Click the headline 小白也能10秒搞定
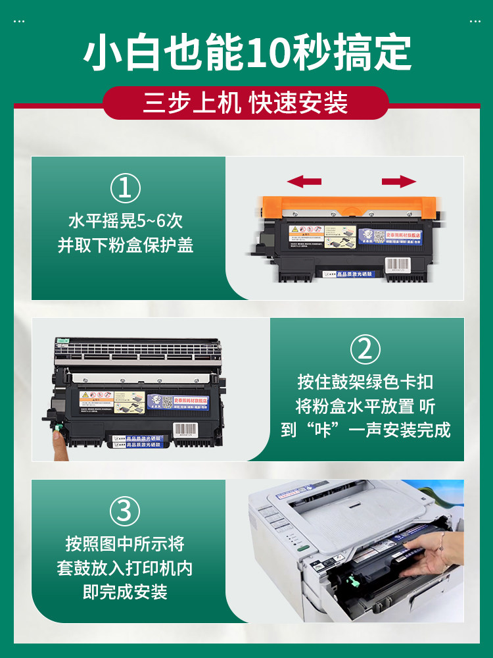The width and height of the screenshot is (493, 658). (246, 53)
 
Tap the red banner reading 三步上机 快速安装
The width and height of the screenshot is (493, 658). (246, 104)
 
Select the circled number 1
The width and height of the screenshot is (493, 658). (125, 188)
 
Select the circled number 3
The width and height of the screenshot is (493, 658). (125, 511)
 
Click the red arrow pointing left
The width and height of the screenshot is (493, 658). (304, 182)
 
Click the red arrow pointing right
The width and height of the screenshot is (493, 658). (399, 182)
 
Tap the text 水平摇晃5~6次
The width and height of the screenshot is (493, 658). (125, 220)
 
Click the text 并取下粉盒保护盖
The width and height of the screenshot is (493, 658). (125, 245)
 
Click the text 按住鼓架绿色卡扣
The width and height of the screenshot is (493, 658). (365, 382)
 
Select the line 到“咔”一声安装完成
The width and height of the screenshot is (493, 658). (365, 430)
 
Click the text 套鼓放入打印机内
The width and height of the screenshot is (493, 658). (125, 568)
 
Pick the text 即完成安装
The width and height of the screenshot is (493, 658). (125, 592)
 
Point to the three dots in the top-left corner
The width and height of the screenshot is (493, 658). (19, 22)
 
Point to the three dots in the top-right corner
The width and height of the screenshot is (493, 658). (475, 22)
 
